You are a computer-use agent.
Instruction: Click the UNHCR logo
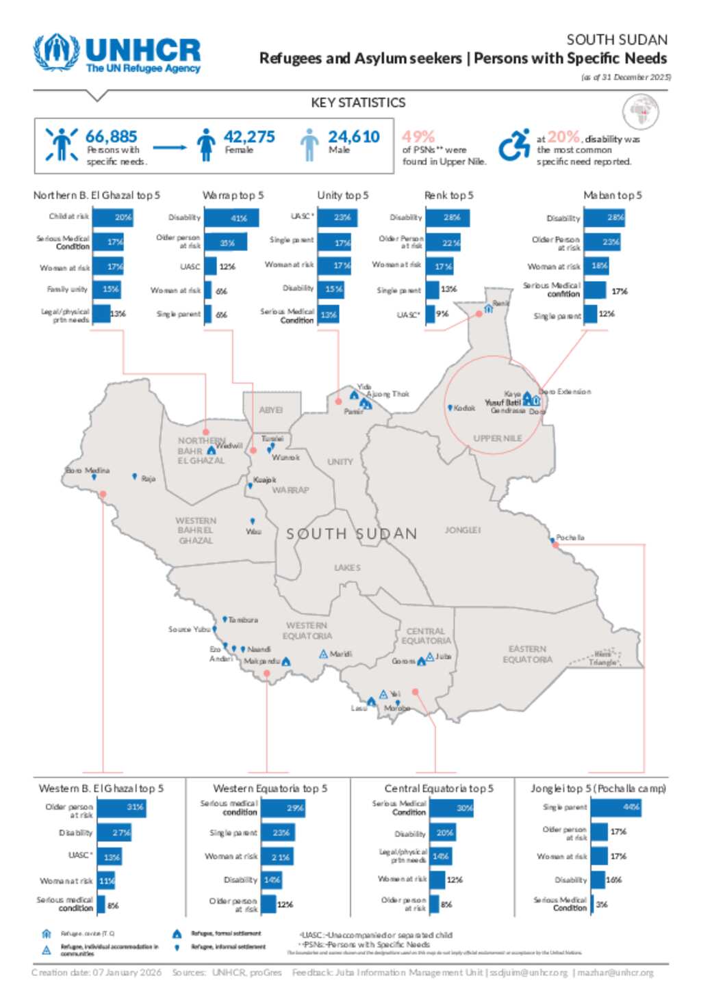117,53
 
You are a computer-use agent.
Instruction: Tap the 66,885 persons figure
111,137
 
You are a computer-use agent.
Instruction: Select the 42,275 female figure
248,137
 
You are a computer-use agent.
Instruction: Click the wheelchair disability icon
513,145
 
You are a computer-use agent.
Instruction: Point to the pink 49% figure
418,137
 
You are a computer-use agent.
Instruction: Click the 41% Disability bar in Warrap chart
231,218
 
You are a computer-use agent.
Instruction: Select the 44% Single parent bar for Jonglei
615,808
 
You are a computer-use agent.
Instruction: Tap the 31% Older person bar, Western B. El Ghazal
121,808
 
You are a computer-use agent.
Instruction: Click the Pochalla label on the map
570,538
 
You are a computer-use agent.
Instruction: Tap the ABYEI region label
271,410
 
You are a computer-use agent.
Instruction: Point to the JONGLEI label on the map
463,530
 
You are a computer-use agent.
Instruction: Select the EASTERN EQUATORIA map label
527,655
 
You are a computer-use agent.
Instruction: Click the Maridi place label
341,655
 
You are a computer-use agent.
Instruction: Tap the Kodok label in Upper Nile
464,408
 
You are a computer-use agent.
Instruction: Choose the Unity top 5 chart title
342,196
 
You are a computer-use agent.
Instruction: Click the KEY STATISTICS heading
358,103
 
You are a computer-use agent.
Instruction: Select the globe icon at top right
641,111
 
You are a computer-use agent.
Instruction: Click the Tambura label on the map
243,620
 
